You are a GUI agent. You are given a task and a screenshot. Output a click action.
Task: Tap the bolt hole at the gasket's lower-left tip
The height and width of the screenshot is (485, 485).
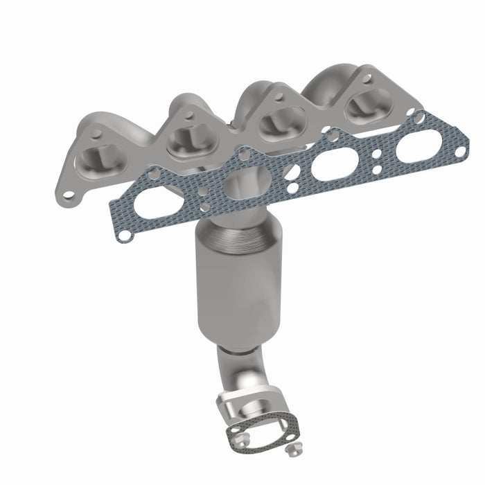[124, 236]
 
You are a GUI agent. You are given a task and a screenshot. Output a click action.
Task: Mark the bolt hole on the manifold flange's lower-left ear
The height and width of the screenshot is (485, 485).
[67, 197]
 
